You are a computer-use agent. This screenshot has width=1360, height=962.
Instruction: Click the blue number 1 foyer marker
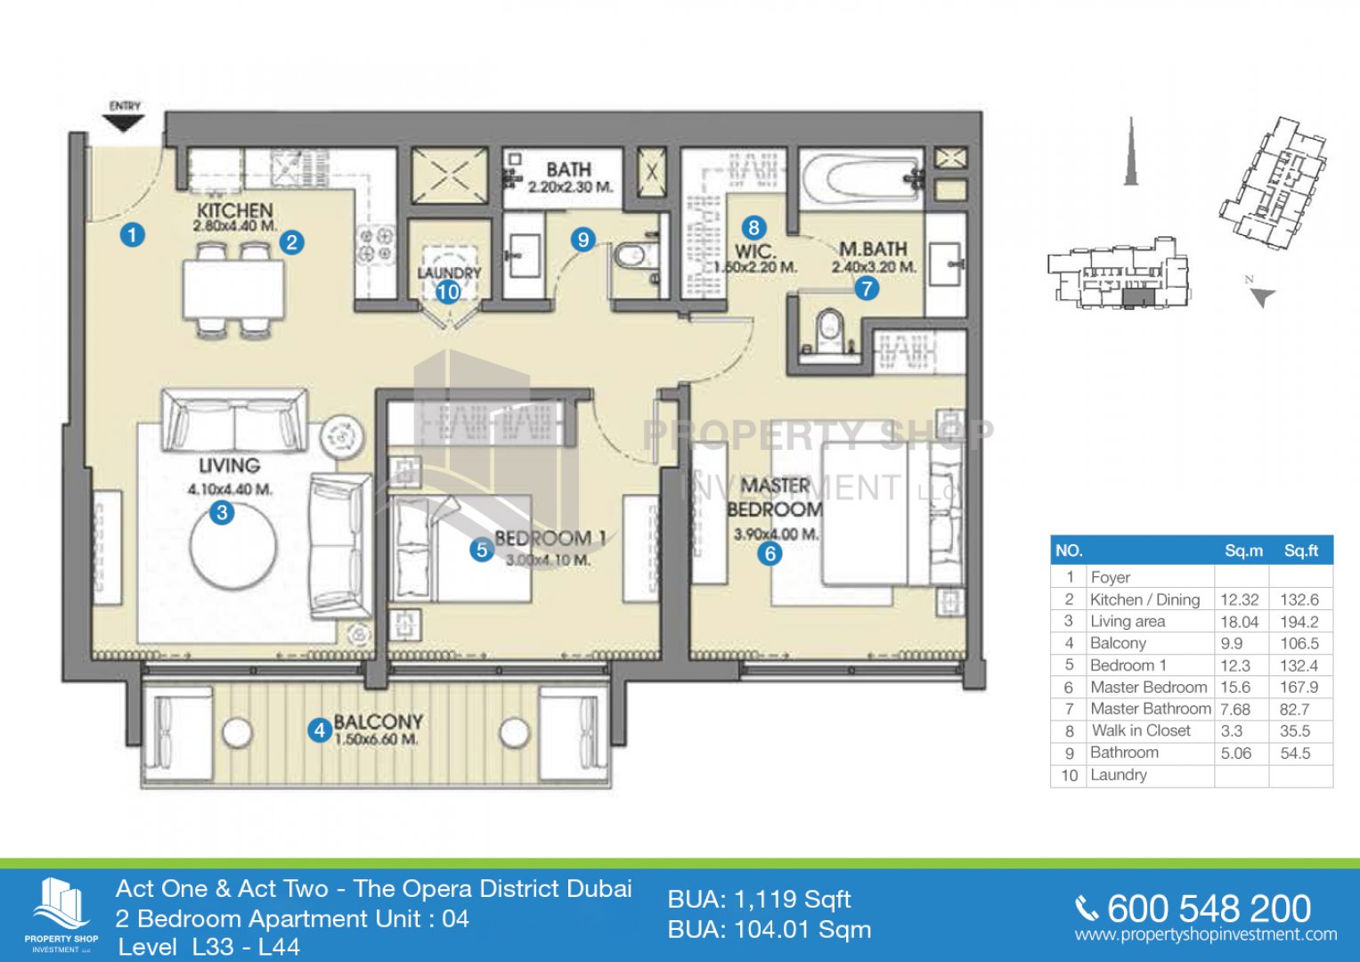click(133, 234)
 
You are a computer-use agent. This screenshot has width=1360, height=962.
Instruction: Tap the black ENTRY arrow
click(125, 123)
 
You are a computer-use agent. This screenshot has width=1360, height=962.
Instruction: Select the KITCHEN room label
click(235, 211)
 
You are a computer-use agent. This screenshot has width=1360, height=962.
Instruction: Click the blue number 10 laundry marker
click(448, 292)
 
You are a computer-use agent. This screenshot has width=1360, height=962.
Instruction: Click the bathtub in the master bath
click(861, 177)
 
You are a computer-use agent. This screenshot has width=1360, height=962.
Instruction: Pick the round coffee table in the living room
click(233, 549)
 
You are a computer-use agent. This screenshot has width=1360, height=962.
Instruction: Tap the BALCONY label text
click(379, 721)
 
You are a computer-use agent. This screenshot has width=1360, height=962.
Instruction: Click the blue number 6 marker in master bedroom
click(770, 553)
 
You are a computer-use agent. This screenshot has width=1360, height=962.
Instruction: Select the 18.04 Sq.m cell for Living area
click(1239, 622)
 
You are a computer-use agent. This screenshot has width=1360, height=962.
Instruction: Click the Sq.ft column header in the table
click(1301, 550)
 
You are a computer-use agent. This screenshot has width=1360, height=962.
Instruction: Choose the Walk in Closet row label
click(1141, 730)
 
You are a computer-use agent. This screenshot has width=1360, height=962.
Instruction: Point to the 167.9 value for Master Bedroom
click(1299, 688)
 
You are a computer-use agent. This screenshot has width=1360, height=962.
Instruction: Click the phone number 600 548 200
click(1209, 909)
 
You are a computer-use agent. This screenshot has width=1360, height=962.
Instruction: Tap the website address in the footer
click(1206, 934)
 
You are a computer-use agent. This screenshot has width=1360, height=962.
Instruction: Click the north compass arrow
click(1264, 297)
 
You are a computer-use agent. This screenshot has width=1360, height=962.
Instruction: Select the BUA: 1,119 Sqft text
click(759, 899)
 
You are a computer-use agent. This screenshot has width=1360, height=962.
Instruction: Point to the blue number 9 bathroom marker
click(582, 240)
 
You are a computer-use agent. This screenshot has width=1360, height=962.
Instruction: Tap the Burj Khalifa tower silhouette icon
click(1130, 151)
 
